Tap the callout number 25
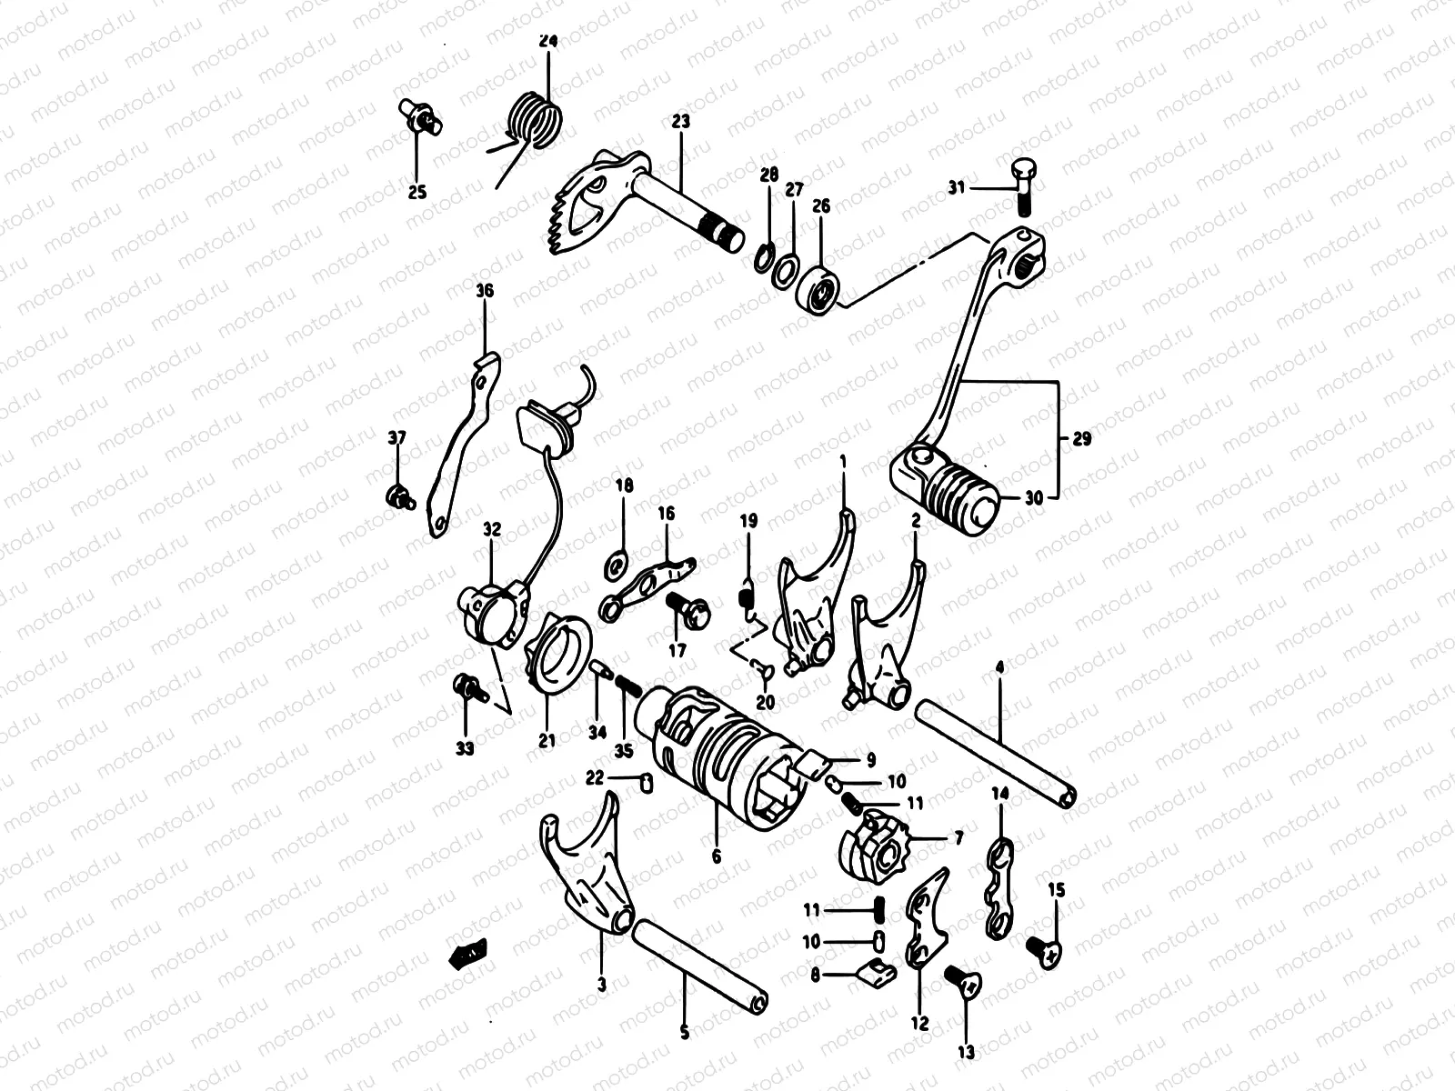point(416,192)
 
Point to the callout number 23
point(681,121)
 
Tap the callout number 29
point(1081,439)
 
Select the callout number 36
point(484,291)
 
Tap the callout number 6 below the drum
point(716,856)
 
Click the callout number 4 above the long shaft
point(1000,668)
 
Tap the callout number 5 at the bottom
point(685,1033)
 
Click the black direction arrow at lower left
point(469,953)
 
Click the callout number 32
point(492,529)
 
